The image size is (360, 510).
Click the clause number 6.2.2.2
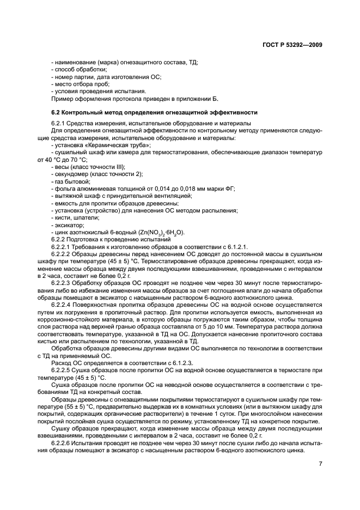pos(64,253)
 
